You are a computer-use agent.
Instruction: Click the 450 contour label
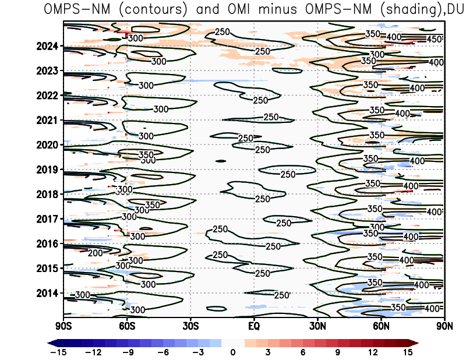tap(434, 39)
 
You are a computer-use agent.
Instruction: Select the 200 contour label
tap(95, 253)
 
